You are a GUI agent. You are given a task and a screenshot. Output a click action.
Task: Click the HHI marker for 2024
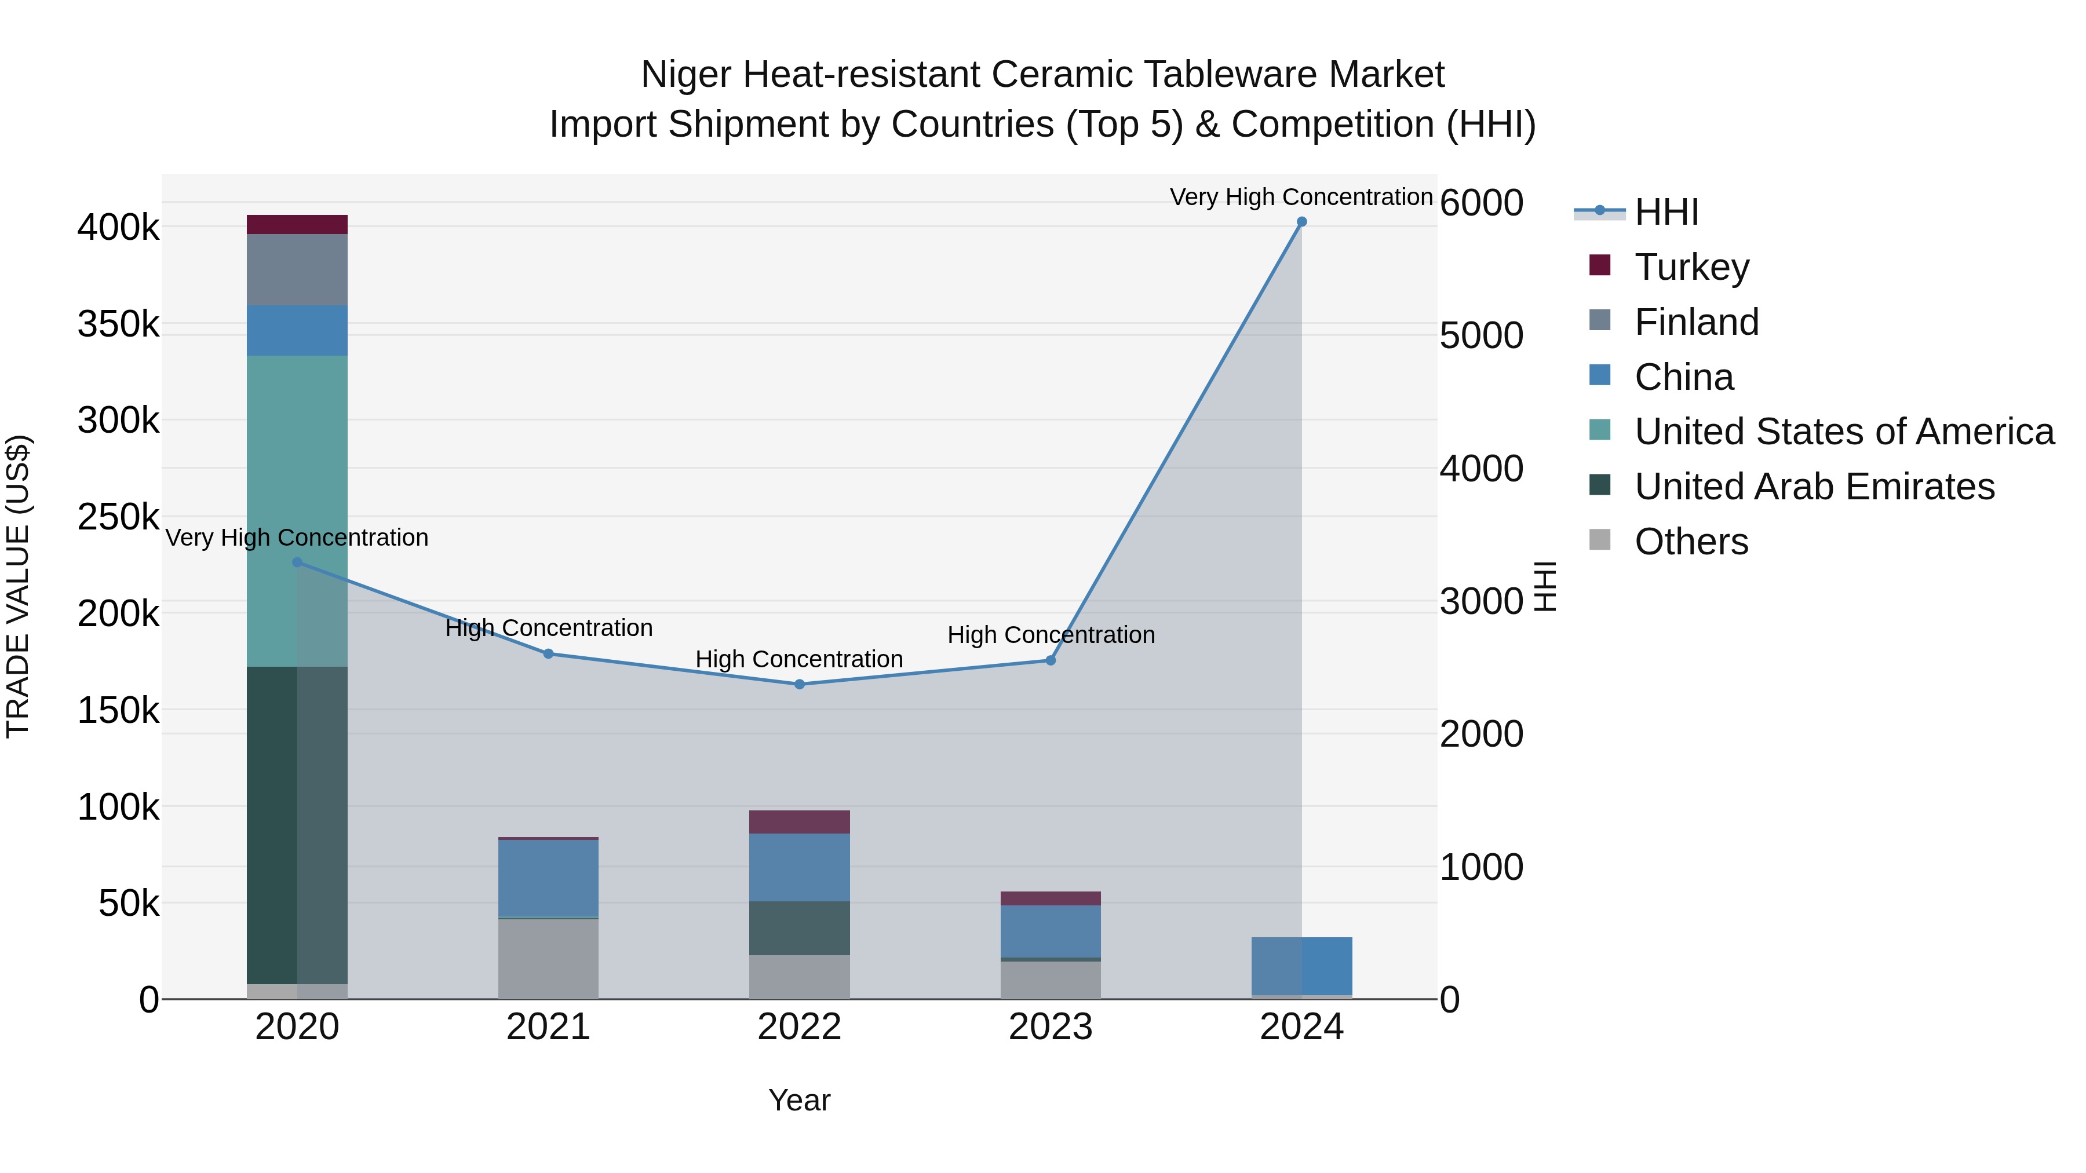[x=1301, y=222]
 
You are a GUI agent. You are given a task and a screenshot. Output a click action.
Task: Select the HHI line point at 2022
[x=799, y=684]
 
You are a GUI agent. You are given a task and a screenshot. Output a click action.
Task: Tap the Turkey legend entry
[x=1691, y=267]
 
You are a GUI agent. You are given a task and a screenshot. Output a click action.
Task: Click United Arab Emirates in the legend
[x=1814, y=487]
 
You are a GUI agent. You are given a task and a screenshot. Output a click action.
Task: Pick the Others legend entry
[x=1691, y=542]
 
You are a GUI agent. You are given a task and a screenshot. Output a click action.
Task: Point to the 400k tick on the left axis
[x=118, y=228]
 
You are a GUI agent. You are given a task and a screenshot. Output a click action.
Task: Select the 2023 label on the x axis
[x=1051, y=1027]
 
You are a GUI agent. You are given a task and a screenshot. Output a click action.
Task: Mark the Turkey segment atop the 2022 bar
[x=799, y=821]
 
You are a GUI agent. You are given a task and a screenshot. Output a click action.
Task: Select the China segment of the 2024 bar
[x=1301, y=966]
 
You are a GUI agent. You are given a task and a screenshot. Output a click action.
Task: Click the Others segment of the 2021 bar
[x=548, y=959]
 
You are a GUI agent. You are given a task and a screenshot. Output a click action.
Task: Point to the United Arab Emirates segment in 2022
[x=799, y=928]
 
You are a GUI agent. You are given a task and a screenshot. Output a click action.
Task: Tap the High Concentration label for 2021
[x=548, y=628]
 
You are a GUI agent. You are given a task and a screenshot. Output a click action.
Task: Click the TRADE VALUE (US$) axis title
[x=18, y=586]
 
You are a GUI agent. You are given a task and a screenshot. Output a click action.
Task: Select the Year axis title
[x=799, y=1100]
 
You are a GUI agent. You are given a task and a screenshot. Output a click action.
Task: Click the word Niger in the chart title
[x=686, y=75]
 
